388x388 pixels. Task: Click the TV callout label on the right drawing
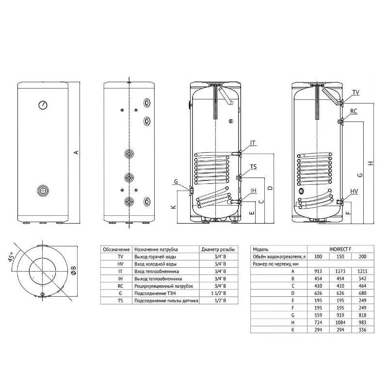tap(356, 92)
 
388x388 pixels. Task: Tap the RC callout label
tap(354, 111)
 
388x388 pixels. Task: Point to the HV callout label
tap(354, 191)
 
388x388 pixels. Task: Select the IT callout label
tap(253, 143)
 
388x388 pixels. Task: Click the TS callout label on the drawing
tap(253, 167)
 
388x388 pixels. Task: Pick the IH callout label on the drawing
tap(253, 190)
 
